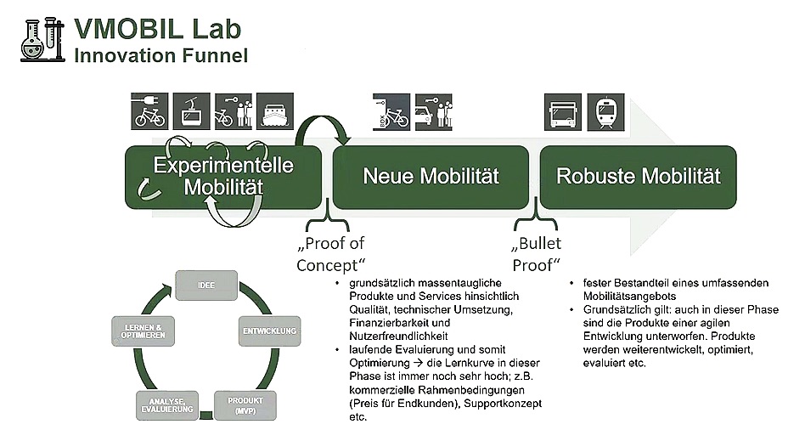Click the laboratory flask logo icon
42,40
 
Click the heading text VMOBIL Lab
158,29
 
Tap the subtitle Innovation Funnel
161,55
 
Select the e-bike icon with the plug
149,111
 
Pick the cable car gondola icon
192,111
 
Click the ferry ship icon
275,111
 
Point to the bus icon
563,112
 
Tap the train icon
605,112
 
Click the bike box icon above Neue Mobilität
391,112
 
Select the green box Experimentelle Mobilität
223,178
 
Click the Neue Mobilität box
431,178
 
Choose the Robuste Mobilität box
639,178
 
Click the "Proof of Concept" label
330,254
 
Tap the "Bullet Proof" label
537,254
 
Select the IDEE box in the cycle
206,286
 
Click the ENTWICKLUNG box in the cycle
269,331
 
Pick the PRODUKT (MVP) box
245,405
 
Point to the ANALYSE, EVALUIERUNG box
166,405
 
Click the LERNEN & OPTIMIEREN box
143,331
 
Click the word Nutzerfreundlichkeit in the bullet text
398,336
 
